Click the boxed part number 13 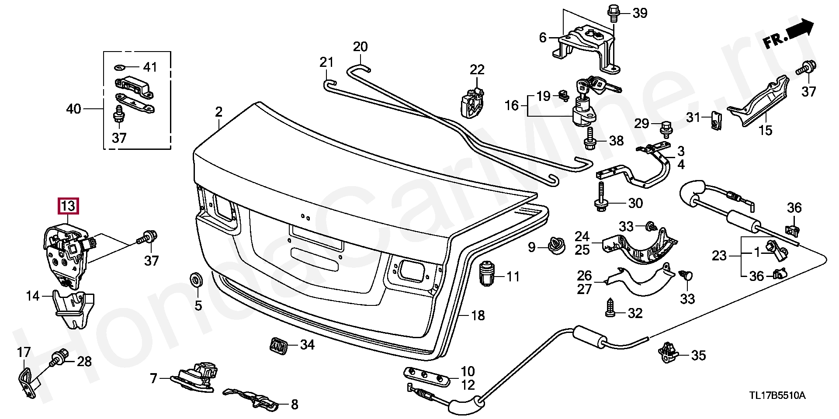click(69, 205)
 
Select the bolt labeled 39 click(612, 13)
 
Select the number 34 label click(307, 345)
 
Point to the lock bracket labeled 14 click(72, 308)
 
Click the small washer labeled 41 click(120, 67)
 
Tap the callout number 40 click(73, 108)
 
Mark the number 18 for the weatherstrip click(478, 315)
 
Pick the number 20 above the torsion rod click(361, 46)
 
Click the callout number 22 click(477, 69)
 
